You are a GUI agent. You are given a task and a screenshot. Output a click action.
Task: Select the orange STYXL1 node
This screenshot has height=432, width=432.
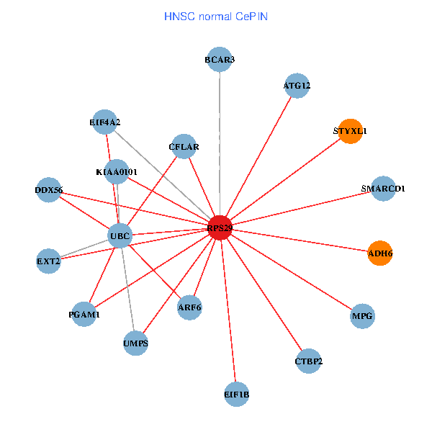point(350,131)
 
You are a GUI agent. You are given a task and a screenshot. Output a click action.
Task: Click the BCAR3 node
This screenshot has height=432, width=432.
point(220,60)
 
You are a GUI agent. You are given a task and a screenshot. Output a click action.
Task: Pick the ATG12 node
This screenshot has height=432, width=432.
point(297,86)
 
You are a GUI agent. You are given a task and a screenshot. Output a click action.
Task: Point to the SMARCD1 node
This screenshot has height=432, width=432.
point(383,189)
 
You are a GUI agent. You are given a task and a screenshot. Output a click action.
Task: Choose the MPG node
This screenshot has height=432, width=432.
point(363,316)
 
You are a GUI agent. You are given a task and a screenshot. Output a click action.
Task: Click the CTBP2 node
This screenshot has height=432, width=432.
point(309,361)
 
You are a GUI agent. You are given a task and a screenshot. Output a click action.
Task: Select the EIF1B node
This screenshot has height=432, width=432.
point(237,394)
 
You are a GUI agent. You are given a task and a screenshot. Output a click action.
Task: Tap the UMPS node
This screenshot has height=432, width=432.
point(135,343)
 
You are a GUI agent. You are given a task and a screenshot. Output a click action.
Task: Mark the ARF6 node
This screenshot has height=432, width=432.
point(189,307)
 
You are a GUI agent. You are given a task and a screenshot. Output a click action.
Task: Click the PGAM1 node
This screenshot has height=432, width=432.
point(84,314)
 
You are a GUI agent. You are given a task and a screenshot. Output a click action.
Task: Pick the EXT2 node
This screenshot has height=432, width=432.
point(48,261)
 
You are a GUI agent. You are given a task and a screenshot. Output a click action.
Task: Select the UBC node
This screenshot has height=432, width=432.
point(120,235)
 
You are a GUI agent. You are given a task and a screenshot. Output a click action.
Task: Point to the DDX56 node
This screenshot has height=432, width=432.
point(48,190)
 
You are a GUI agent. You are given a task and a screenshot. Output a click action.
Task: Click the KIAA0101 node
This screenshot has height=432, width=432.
point(117,172)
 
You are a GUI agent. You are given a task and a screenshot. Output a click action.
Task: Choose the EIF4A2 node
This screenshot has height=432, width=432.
point(105,122)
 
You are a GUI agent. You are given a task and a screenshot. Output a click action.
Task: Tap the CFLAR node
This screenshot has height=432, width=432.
point(184,147)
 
